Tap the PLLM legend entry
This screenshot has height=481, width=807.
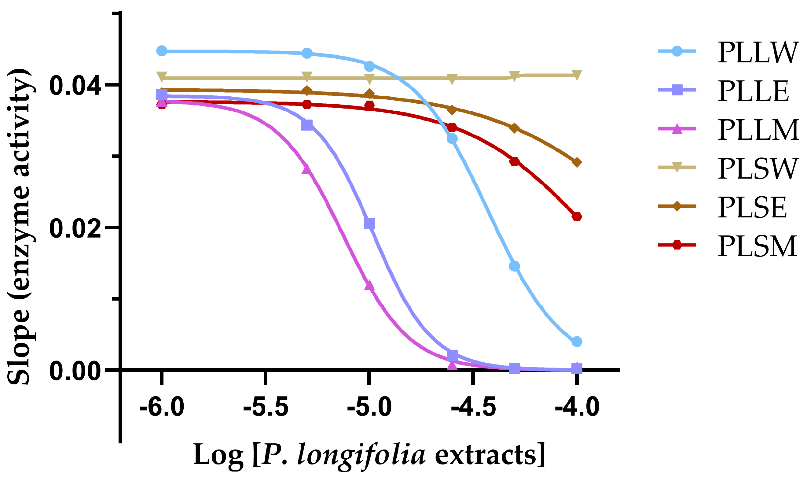pyautogui.click(x=758, y=130)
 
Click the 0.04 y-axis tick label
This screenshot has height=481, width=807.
pyautogui.click(x=75, y=86)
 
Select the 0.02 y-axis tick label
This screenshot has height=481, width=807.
pyautogui.click(x=75, y=228)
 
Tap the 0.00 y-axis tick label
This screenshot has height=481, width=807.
pyautogui.click(x=75, y=372)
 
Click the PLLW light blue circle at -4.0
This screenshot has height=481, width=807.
pyautogui.click(x=577, y=341)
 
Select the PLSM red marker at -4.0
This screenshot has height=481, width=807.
pyautogui.click(x=577, y=216)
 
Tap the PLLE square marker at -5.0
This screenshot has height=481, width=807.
pyautogui.click(x=369, y=223)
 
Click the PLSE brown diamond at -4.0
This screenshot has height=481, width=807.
pyautogui.click(x=577, y=162)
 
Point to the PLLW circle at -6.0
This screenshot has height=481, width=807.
pyautogui.click(x=162, y=51)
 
